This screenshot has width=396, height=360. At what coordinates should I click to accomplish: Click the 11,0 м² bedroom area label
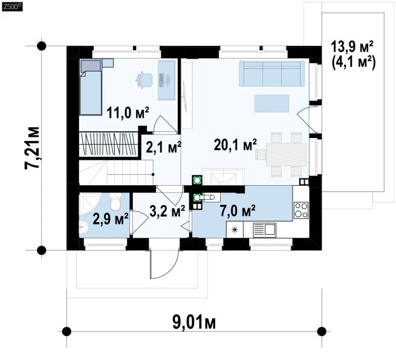(x=128, y=113)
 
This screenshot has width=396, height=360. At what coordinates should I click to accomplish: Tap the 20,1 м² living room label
(x=235, y=145)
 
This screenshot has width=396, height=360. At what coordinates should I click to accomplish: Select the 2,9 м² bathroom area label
(x=111, y=218)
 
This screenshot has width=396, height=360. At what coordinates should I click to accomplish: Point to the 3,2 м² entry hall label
(x=167, y=211)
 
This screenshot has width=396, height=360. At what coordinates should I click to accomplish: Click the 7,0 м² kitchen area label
(x=238, y=211)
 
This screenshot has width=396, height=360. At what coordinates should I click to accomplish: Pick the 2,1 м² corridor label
(x=164, y=147)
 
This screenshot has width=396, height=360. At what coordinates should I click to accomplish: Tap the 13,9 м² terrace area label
(x=352, y=47)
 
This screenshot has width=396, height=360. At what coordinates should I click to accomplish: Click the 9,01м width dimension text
(x=194, y=322)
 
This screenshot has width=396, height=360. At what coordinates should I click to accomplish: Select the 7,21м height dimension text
(x=32, y=148)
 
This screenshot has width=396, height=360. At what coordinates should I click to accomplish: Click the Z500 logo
(x=12, y=7)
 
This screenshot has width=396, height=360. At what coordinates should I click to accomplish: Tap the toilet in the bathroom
(x=115, y=202)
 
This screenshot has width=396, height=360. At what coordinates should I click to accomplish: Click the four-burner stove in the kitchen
(x=301, y=211)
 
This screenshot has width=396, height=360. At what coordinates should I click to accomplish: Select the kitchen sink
(x=264, y=230)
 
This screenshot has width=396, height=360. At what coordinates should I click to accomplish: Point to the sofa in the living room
(x=271, y=74)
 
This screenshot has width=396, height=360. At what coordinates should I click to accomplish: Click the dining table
(x=286, y=154)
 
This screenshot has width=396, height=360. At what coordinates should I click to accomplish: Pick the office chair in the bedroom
(x=144, y=80)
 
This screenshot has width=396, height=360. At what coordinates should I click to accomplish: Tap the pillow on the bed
(x=91, y=65)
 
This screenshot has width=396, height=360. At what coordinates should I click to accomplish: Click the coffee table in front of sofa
(x=271, y=103)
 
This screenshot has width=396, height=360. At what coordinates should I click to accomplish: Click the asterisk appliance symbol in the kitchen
(x=235, y=230)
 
